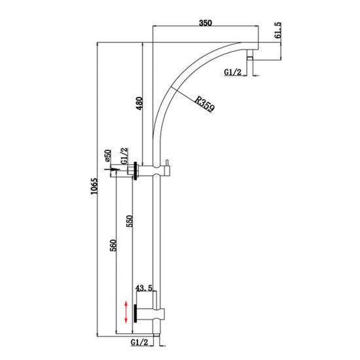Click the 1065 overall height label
94,189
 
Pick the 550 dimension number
132,223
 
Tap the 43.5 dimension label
143,287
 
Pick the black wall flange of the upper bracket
135,171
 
